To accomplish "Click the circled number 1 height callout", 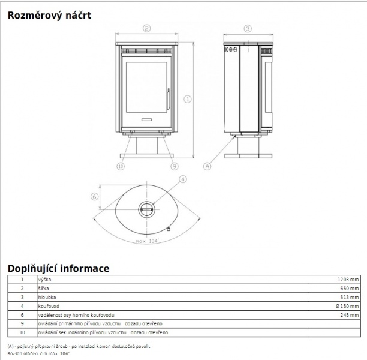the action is point(188,99).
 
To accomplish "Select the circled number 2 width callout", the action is point(146,28).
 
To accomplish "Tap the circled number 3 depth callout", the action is point(248,29).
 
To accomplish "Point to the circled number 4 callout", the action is point(183,179).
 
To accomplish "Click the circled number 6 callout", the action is point(94,196).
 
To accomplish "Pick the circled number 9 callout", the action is point(175,166).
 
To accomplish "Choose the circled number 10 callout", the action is point(121,166).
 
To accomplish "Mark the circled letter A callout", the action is point(207,166).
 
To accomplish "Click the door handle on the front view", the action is point(169,99).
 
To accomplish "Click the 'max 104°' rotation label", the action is point(148,241).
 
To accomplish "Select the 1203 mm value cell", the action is point(348,280).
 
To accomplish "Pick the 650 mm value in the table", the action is point(349,289).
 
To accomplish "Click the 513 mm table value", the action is point(349,297).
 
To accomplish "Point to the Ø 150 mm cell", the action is point(347,306).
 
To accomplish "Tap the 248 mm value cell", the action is point(349,315).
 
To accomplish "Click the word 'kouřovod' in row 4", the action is point(49,306).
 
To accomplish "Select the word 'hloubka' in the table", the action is point(47,297).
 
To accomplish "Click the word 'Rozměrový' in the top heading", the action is point(35,15).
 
